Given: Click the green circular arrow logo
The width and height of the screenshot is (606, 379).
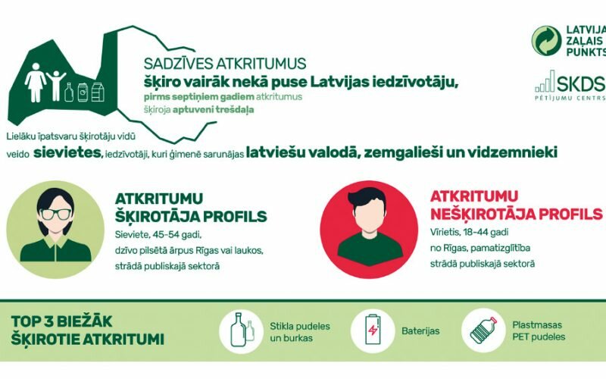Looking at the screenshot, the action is [546, 41].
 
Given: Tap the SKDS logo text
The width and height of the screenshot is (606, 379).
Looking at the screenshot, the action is [581, 83].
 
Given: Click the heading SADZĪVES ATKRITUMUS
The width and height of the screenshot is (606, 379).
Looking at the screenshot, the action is [225, 64].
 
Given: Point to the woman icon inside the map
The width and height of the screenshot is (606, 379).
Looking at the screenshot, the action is [35, 83].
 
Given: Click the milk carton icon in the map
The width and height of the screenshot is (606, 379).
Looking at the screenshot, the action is [98, 92].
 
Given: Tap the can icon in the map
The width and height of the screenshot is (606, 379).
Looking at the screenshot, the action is [83, 92].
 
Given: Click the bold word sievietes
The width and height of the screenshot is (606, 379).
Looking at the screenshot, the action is [67, 152].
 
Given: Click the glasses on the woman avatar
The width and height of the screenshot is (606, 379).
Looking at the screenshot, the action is [56, 214].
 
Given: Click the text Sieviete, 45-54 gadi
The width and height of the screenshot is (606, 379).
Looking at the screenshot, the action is [158, 235].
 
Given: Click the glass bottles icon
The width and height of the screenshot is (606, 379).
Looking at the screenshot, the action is [242, 330].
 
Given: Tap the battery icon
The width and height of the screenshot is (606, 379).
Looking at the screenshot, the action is [373, 329].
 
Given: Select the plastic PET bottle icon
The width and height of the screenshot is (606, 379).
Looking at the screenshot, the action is [483, 330].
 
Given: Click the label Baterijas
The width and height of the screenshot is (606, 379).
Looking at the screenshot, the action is [420, 331].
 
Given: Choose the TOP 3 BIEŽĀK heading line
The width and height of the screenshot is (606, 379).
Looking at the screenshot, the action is [61, 321].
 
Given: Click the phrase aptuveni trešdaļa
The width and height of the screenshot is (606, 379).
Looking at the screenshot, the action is [214, 109].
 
